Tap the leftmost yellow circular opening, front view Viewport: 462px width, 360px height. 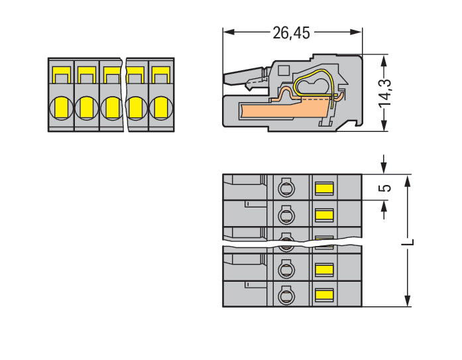tap(61, 106)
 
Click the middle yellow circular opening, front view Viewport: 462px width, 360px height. tap(111, 106)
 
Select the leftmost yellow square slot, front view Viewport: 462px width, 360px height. tap(61, 74)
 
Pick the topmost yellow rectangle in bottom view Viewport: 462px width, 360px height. tap(323, 189)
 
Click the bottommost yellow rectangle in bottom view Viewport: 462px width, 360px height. tap(323, 294)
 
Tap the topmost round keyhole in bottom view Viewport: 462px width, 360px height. tap(285, 188)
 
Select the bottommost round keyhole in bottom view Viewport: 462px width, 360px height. tap(285, 294)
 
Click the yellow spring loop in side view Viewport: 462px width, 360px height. tap(312, 85)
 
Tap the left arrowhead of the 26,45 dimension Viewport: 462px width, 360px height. tap(226, 32)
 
